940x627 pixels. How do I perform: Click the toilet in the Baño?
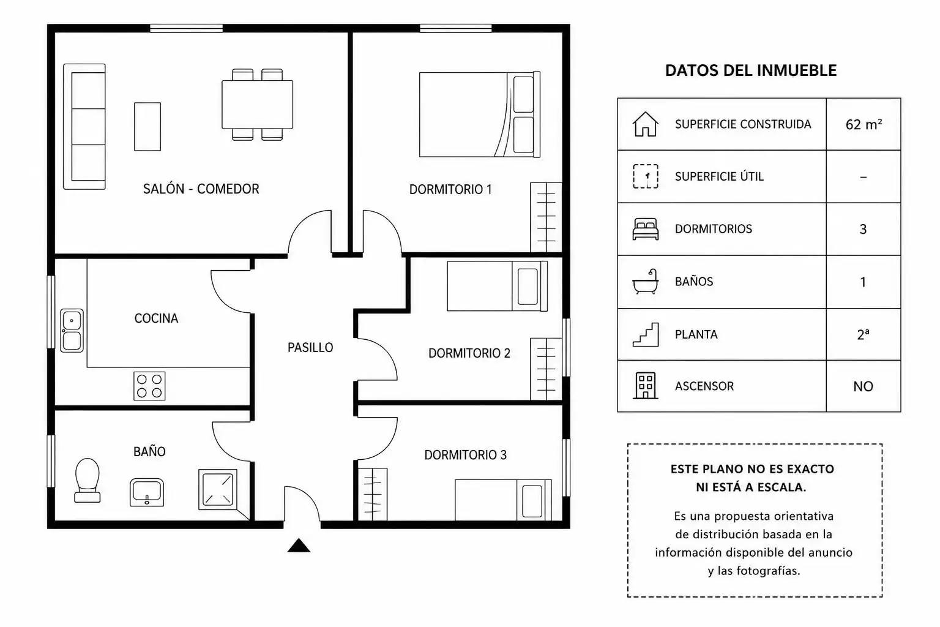(x=88, y=480)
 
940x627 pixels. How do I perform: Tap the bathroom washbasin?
(x=147, y=492)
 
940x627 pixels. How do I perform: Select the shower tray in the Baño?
(x=218, y=489)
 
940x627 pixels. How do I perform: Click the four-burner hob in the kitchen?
(x=149, y=386)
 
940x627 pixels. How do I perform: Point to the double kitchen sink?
(x=72, y=331)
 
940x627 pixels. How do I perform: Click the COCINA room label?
(x=156, y=318)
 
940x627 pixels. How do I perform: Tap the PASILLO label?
(x=310, y=347)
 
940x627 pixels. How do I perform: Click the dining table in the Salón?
(x=257, y=104)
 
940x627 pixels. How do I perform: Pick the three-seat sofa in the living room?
(x=84, y=126)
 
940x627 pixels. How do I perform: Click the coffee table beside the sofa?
(x=147, y=126)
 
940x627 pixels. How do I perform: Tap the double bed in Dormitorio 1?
(x=480, y=115)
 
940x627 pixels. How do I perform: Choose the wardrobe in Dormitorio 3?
(x=373, y=494)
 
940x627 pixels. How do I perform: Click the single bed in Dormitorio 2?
(x=498, y=286)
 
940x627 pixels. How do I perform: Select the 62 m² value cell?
(x=864, y=124)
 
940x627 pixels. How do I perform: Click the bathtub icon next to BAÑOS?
(x=646, y=282)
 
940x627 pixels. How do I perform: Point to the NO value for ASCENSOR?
(x=864, y=386)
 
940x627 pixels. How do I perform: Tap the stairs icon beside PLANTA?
(x=646, y=334)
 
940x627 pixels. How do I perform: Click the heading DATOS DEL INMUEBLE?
(x=751, y=70)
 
